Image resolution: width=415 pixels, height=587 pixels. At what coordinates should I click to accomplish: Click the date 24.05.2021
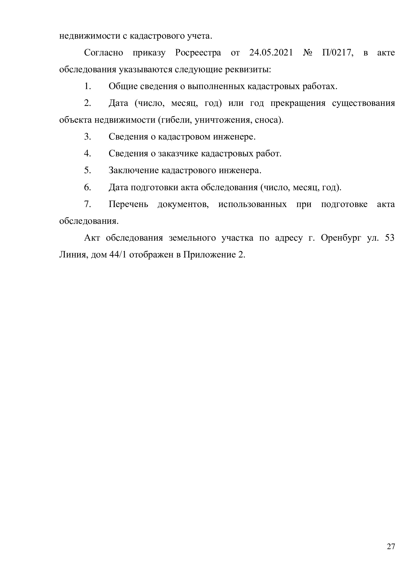(x=271, y=53)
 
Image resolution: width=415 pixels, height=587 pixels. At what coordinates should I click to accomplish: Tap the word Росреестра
(x=198, y=53)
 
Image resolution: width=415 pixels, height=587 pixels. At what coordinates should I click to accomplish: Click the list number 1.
(x=87, y=86)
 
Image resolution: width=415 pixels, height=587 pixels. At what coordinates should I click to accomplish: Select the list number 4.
(x=87, y=154)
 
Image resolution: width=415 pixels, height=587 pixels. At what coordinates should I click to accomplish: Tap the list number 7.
(x=87, y=204)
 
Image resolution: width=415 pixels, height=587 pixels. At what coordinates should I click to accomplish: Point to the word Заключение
(x=134, y=170)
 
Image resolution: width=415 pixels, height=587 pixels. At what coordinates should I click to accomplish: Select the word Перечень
(x=128, y=204)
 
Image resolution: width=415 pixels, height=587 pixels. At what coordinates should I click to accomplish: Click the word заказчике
(x=178, y=154)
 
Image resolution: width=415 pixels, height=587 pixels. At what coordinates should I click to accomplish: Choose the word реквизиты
(x=248, y=70)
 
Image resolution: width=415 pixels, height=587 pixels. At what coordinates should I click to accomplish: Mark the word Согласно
(x=103, y=53)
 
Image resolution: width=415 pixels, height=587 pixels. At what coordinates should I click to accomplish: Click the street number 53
(x=389, y=238)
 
